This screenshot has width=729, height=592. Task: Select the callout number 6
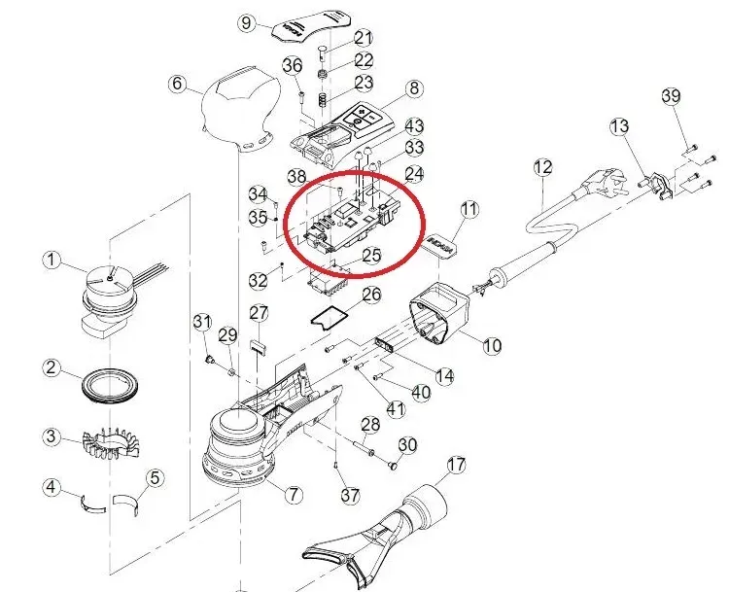coord(177,84)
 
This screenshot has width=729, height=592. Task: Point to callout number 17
coord(455,466)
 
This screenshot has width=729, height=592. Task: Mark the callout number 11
coord(470,209)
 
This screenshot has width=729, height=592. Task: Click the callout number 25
coord(371,257)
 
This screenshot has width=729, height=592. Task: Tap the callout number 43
coord(414,126)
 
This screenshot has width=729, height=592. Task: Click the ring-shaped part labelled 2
coord(108,385)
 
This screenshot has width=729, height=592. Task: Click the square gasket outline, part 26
coord(329,315)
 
